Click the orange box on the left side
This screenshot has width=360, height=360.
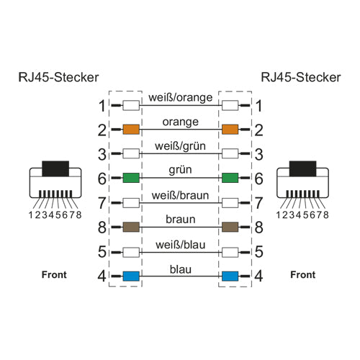click(131, 130)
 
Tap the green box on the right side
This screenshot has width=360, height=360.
click(230, 178)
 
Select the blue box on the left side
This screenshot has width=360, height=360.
click(131, 276)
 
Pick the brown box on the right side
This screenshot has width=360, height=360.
click(230, 227)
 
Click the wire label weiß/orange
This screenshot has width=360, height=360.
click(181, 98)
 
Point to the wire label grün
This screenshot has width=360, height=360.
click(180, 170)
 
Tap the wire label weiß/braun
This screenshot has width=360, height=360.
click(180, 195)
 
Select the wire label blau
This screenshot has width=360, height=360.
click(181, 269)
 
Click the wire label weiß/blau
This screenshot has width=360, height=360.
click(181, 245)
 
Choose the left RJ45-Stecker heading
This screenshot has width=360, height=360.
click(58, 77)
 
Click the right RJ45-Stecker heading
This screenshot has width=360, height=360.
click(301, 77)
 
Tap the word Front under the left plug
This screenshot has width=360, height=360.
click(54, 274)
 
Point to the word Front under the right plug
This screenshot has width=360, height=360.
click(303, 274)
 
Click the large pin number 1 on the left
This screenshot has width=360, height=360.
click(102, 106)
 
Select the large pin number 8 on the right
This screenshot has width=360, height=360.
click(258, 228)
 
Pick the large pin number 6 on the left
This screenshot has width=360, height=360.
click(102, 179)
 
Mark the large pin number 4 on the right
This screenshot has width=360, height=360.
click(258, 276)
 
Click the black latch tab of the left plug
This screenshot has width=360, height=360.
click(55, 168)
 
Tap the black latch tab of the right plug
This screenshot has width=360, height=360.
click(303, 168)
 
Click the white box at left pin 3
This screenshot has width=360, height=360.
click(131, 153)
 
